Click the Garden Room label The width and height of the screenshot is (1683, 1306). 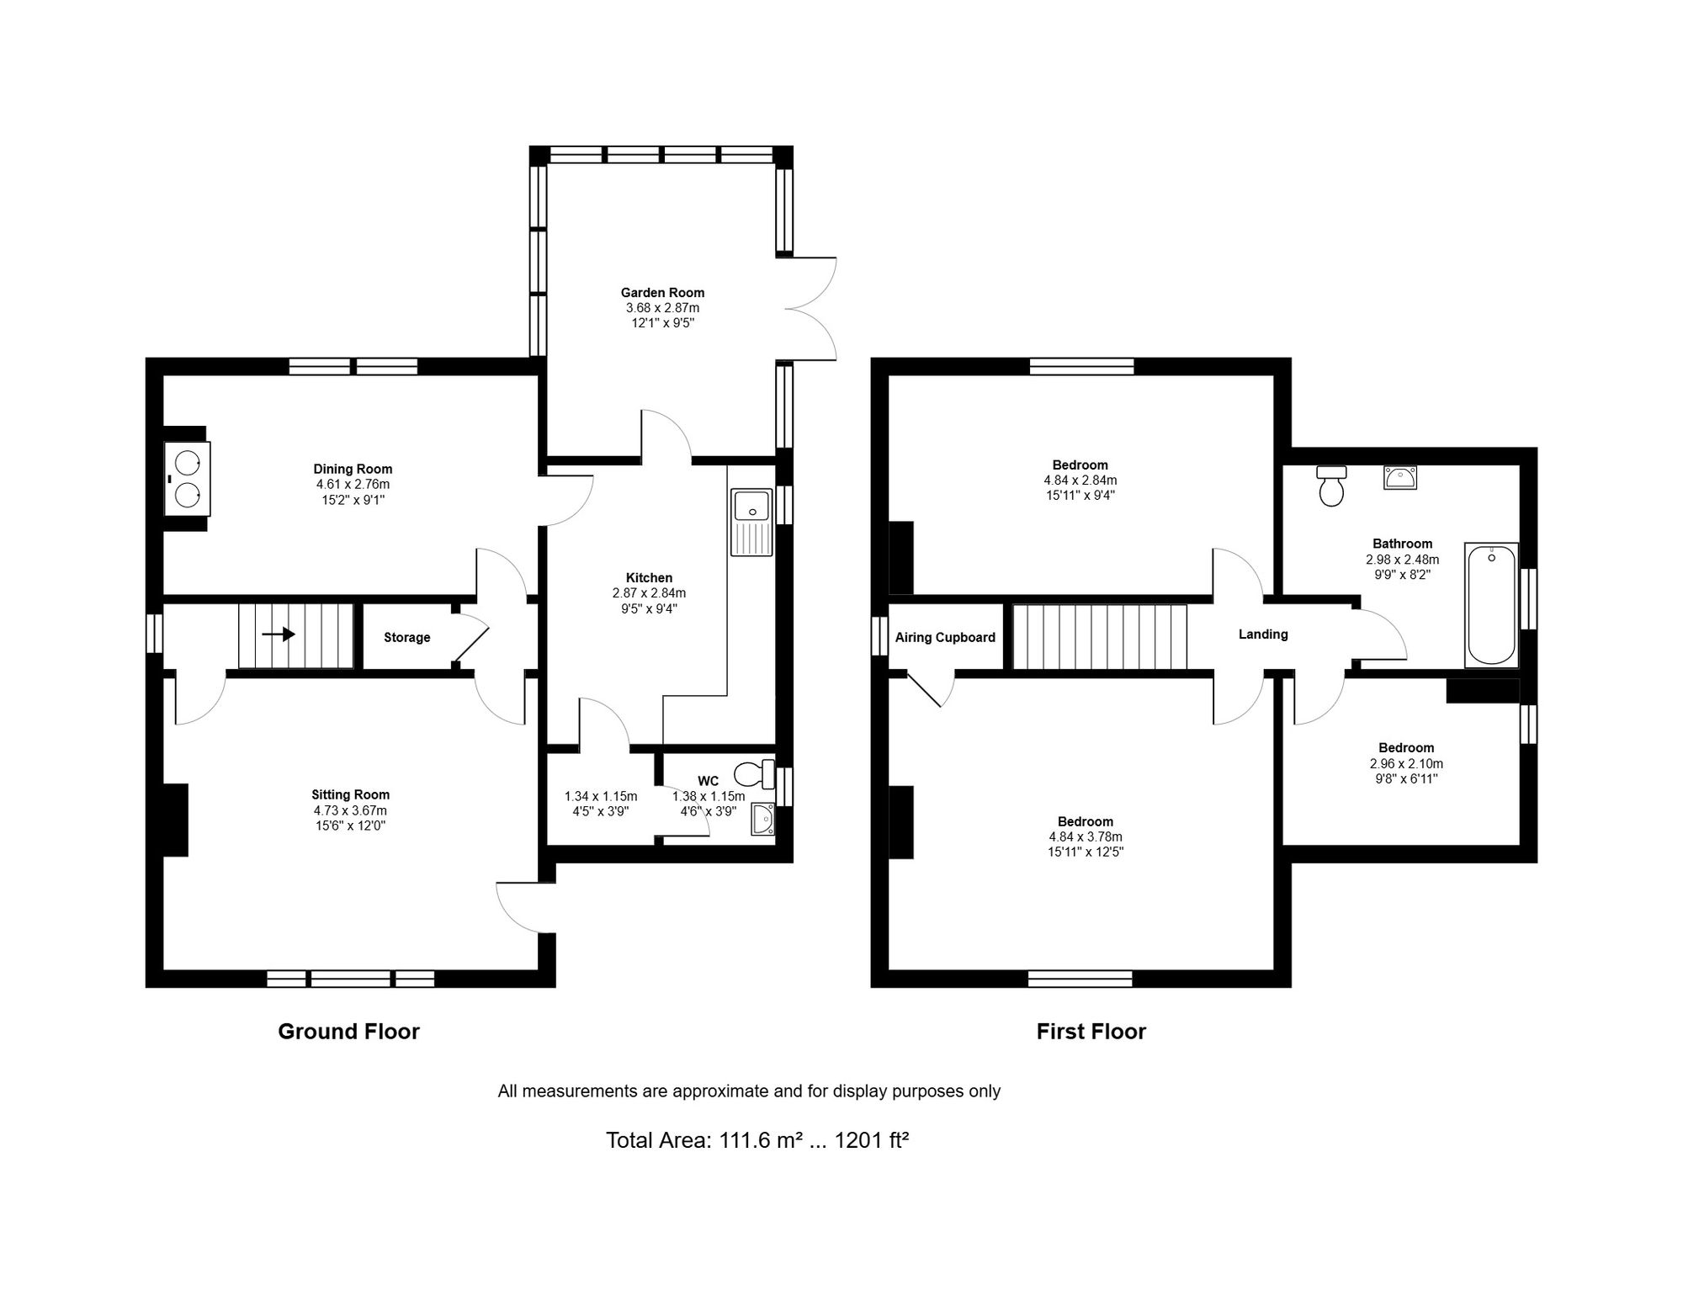click(662, 293)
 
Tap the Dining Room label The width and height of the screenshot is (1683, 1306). click(353, 470)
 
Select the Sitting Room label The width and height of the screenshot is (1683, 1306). click(350, 794)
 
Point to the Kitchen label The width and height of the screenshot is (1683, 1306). click(649, 578)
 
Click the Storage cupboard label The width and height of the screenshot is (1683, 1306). click(407, 638)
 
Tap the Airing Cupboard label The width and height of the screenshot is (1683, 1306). click(945, 638)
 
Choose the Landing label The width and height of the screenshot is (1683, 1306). click(1263, 634)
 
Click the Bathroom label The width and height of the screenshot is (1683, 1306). click(1402, 544)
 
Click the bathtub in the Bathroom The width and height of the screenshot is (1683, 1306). click(1492, 606)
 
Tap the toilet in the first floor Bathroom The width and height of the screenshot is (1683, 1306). click(1332, 486)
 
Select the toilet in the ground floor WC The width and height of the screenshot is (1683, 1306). click(754, 773)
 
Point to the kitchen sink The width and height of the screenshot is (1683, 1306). click(752, 522)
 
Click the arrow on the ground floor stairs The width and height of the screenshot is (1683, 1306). click(279, 634)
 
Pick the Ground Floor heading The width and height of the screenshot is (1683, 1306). click(348, 1032)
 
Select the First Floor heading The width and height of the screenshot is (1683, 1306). click(1091, 1032)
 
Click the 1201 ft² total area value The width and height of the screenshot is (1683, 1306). click(872, 1141)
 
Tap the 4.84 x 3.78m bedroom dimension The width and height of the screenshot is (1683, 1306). click(1086, 837)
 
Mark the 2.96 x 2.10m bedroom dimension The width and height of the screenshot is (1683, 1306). click(1406, 764)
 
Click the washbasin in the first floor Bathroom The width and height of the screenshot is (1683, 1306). click(1400, 478)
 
